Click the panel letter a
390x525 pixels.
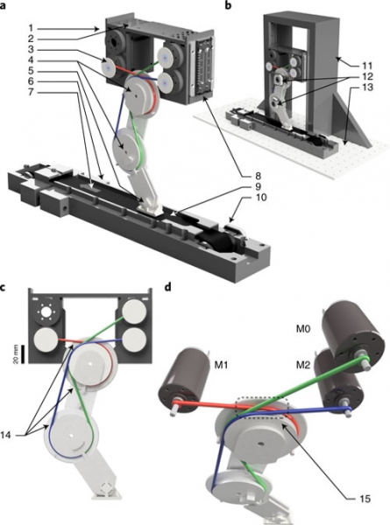click(3, 5)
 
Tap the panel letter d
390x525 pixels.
click(168, 287)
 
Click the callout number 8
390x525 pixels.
click(258, 176)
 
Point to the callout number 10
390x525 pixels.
click(261, 197)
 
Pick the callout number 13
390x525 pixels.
click(367, 87)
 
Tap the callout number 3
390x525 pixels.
click(32, 50)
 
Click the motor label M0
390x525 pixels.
click(303, 329)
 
